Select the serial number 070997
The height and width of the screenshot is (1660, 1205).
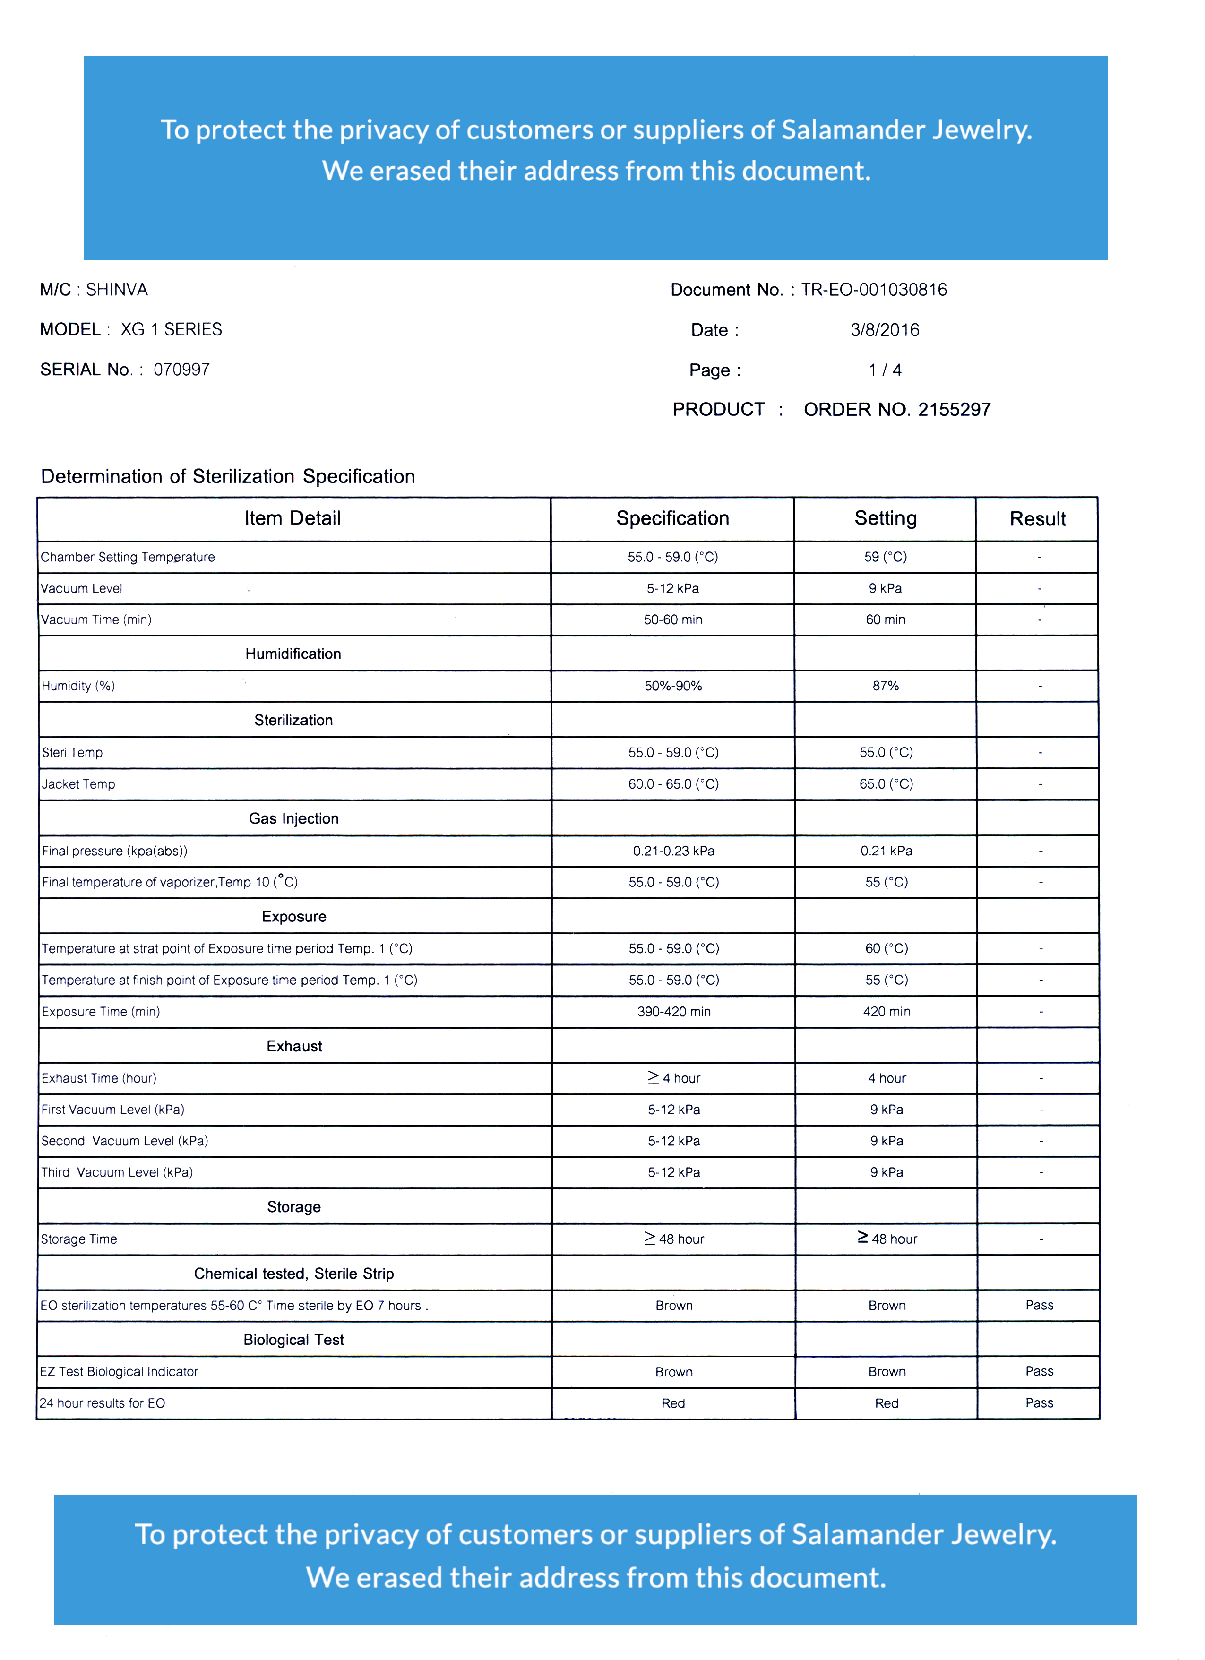181,370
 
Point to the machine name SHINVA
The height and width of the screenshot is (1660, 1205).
117,290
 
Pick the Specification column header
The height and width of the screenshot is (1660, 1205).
672,519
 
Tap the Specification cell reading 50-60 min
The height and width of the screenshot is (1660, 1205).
673,620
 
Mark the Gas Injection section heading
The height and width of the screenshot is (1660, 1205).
293,819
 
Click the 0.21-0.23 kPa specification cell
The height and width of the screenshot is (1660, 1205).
673,851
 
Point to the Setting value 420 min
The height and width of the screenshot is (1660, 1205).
887,1012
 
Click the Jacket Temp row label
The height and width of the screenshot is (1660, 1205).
78,784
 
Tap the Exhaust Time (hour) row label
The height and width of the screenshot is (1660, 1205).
99,1079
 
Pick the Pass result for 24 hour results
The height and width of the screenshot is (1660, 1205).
1039,1403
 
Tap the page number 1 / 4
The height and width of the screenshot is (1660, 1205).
885,370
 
